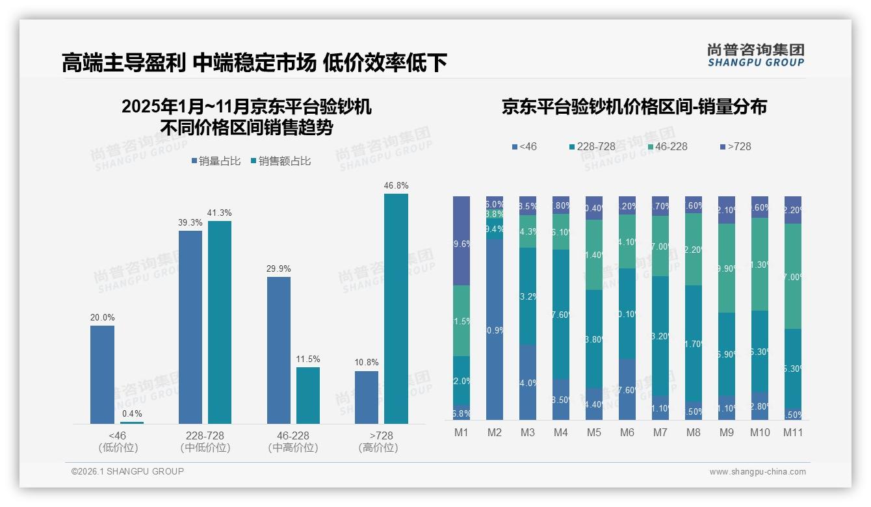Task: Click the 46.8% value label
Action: pyautogui.click(x=396, y=186)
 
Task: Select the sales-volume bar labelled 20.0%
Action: pyautogui.click(x=102, y=374)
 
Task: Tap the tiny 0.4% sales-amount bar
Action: pyautogui.click(x=132, y=422)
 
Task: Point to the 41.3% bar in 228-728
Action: pyautogui.click(x=220, y=322)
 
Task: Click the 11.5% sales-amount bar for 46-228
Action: pyautogui.click(x=308, y=395)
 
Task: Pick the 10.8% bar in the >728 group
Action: pyautogui.click(x=367, y=397)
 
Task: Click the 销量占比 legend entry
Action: pyautogui.click(x=218, y=161)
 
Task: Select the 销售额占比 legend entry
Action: pyautogui.click(x=280, y=161)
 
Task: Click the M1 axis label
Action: pyautogui.click(x=461, y=432)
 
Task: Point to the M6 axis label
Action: pyautogui.click(x=627, y=432)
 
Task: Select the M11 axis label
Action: pyautogui.click(x=792, y=432)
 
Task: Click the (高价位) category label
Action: pyautogui.click(x=378, y=448)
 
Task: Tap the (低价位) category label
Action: pyautogui.click(x=118, y=448)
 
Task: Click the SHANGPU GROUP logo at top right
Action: pyautogui.click(x=755, y=55)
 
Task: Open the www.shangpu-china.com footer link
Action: pyautogui.click(x=757, y=472)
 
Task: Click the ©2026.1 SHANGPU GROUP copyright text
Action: pyautogui.click(x=127, y=471)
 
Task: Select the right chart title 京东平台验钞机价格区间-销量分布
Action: pyautogui.click(x=634, y=107)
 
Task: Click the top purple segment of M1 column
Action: pyautogui.click(x=461, y=240)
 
